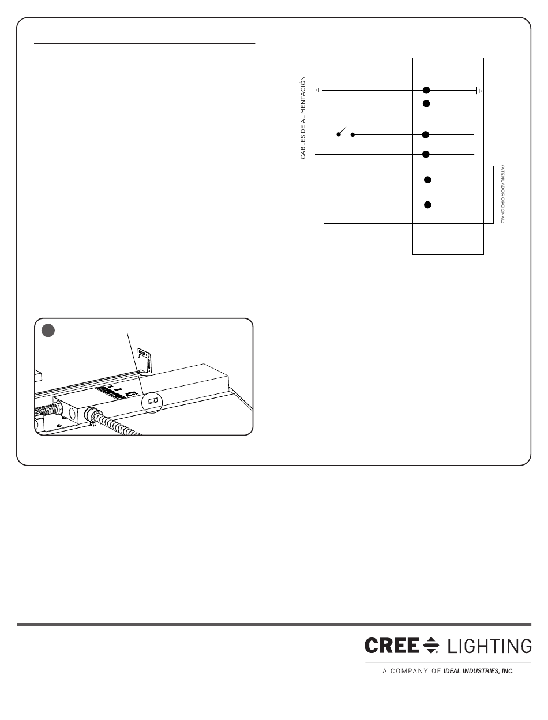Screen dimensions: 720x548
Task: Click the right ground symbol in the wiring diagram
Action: (x=479, y=90)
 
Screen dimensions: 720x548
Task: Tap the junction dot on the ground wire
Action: (x=426, y=90)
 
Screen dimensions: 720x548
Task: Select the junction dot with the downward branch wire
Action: (x=426, y=104)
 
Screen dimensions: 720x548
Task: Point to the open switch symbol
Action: (x=345, y=132)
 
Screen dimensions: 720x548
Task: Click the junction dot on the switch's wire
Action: (x=426, y=134)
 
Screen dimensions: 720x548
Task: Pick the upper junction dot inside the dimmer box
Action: (x=427, y=179)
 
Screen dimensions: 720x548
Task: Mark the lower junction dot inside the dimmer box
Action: (x=427, y=204)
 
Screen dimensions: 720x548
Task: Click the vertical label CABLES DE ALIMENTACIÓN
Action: (x=302, y=118)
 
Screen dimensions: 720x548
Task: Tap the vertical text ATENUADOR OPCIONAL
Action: (x=502, y=194)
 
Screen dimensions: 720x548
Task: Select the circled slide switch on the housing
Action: (x=153, y=400)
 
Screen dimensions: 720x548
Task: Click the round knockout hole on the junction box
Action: (x=73, y=412)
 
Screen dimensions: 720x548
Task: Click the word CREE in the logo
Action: (x=391, y=646)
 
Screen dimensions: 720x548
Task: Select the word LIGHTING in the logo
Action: (x=489, y=646)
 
